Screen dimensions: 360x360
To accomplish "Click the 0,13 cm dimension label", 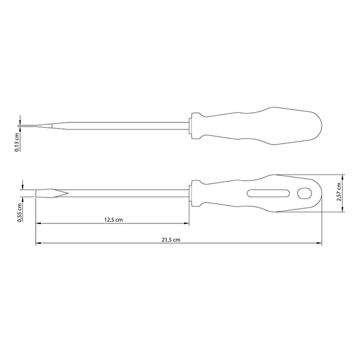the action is (17, 142).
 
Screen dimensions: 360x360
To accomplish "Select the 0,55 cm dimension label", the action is (20, 212).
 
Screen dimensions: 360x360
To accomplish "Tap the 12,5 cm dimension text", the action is (113, 220).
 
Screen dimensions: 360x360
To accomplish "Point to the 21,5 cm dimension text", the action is (171, 239).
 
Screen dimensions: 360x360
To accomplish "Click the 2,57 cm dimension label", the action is (338, 192).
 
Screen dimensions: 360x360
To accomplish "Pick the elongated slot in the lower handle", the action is (268, 193).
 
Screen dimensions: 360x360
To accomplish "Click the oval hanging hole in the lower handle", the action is (304, 193).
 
